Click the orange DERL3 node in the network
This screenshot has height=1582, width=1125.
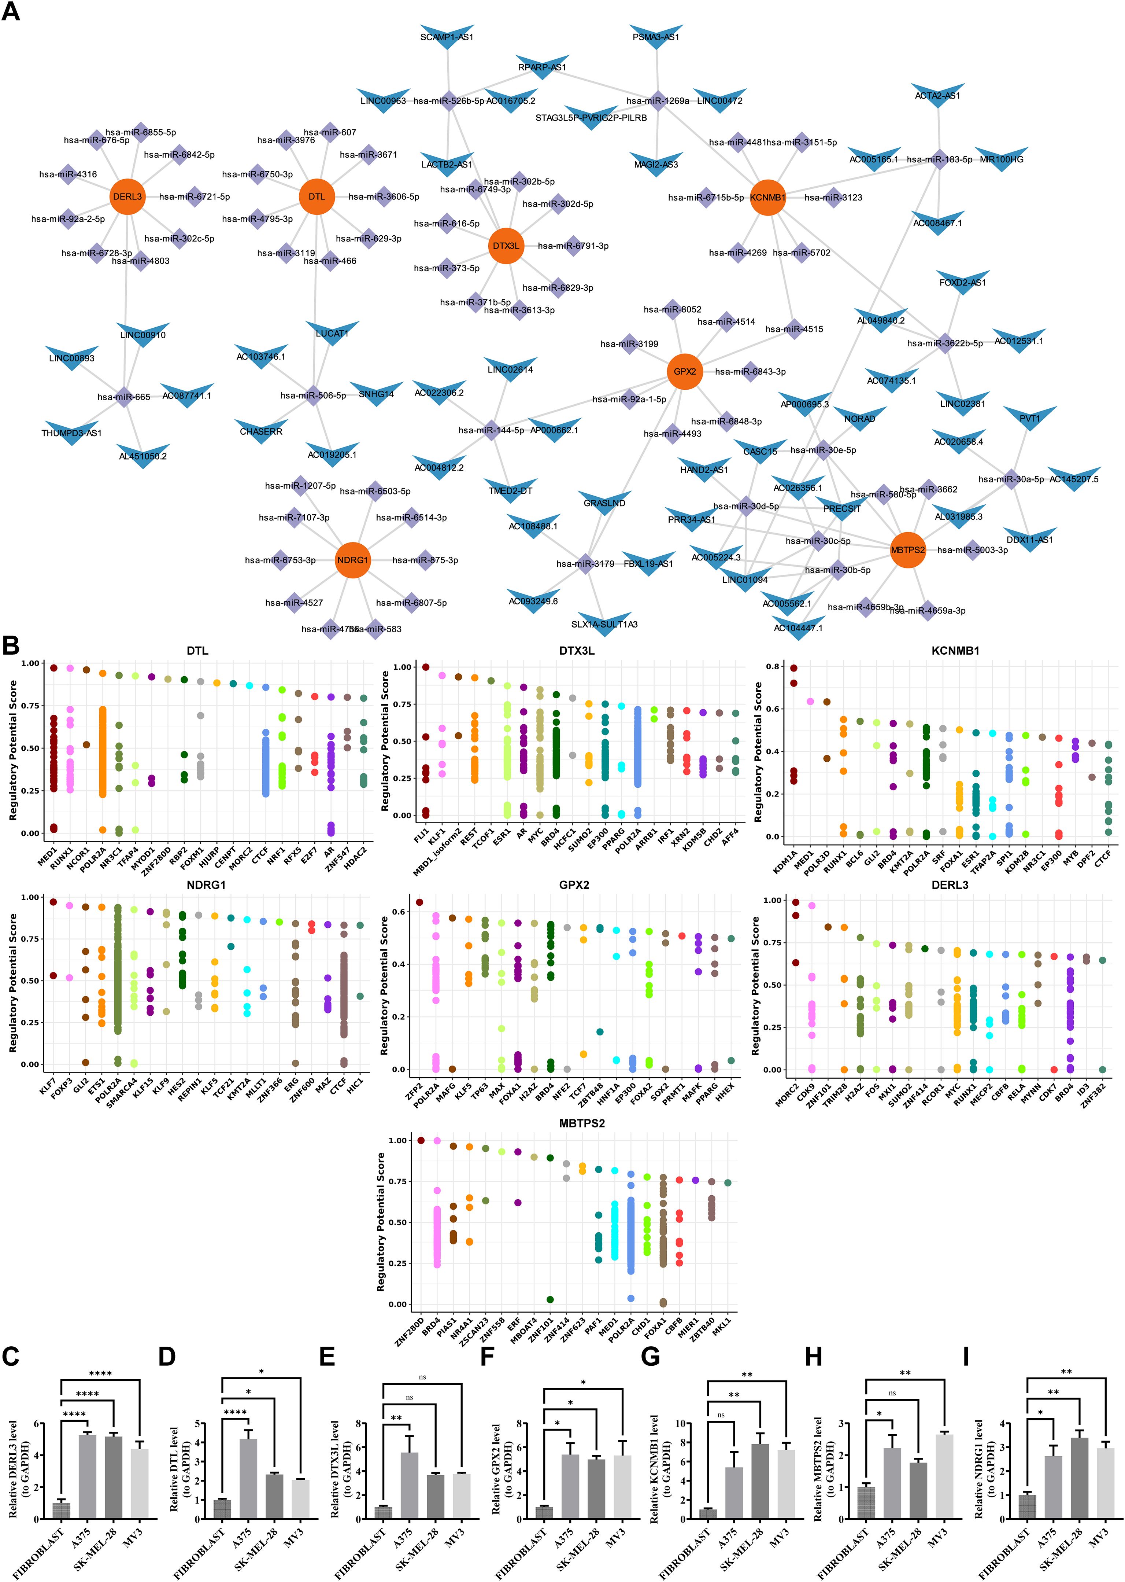127,197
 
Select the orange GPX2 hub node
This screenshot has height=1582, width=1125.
684,371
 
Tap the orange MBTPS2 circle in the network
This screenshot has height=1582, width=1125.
907,549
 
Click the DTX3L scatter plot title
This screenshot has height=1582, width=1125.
576,651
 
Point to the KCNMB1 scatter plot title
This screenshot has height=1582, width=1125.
955,651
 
